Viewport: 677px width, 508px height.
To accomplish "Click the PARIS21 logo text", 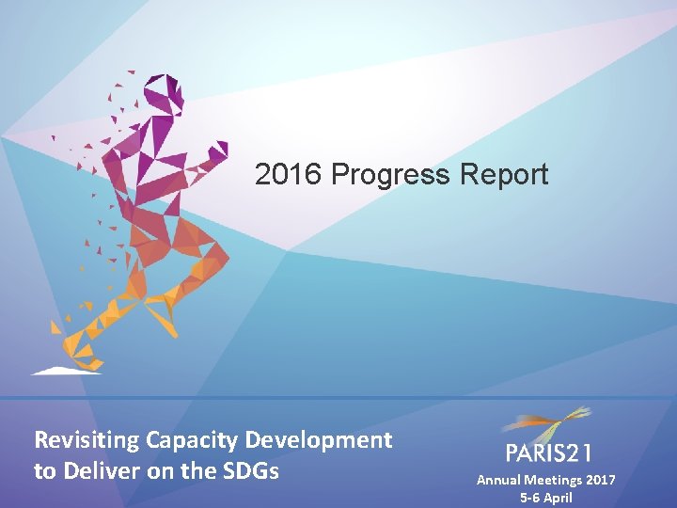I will (x=548, y=454).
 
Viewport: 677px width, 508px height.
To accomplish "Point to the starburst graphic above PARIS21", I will (x=555, y=423).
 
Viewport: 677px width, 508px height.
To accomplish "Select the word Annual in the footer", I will (x=499, y=480).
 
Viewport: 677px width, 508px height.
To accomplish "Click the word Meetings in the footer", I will (x=555, y=480).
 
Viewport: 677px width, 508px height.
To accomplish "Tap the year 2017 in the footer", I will (x=602, y=480).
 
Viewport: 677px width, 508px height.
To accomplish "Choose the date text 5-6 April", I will (x=545, y=498).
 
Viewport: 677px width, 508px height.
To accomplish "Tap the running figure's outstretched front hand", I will (x=218, y=151).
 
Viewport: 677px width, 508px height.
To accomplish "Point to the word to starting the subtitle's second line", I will (x=44, y=471).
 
